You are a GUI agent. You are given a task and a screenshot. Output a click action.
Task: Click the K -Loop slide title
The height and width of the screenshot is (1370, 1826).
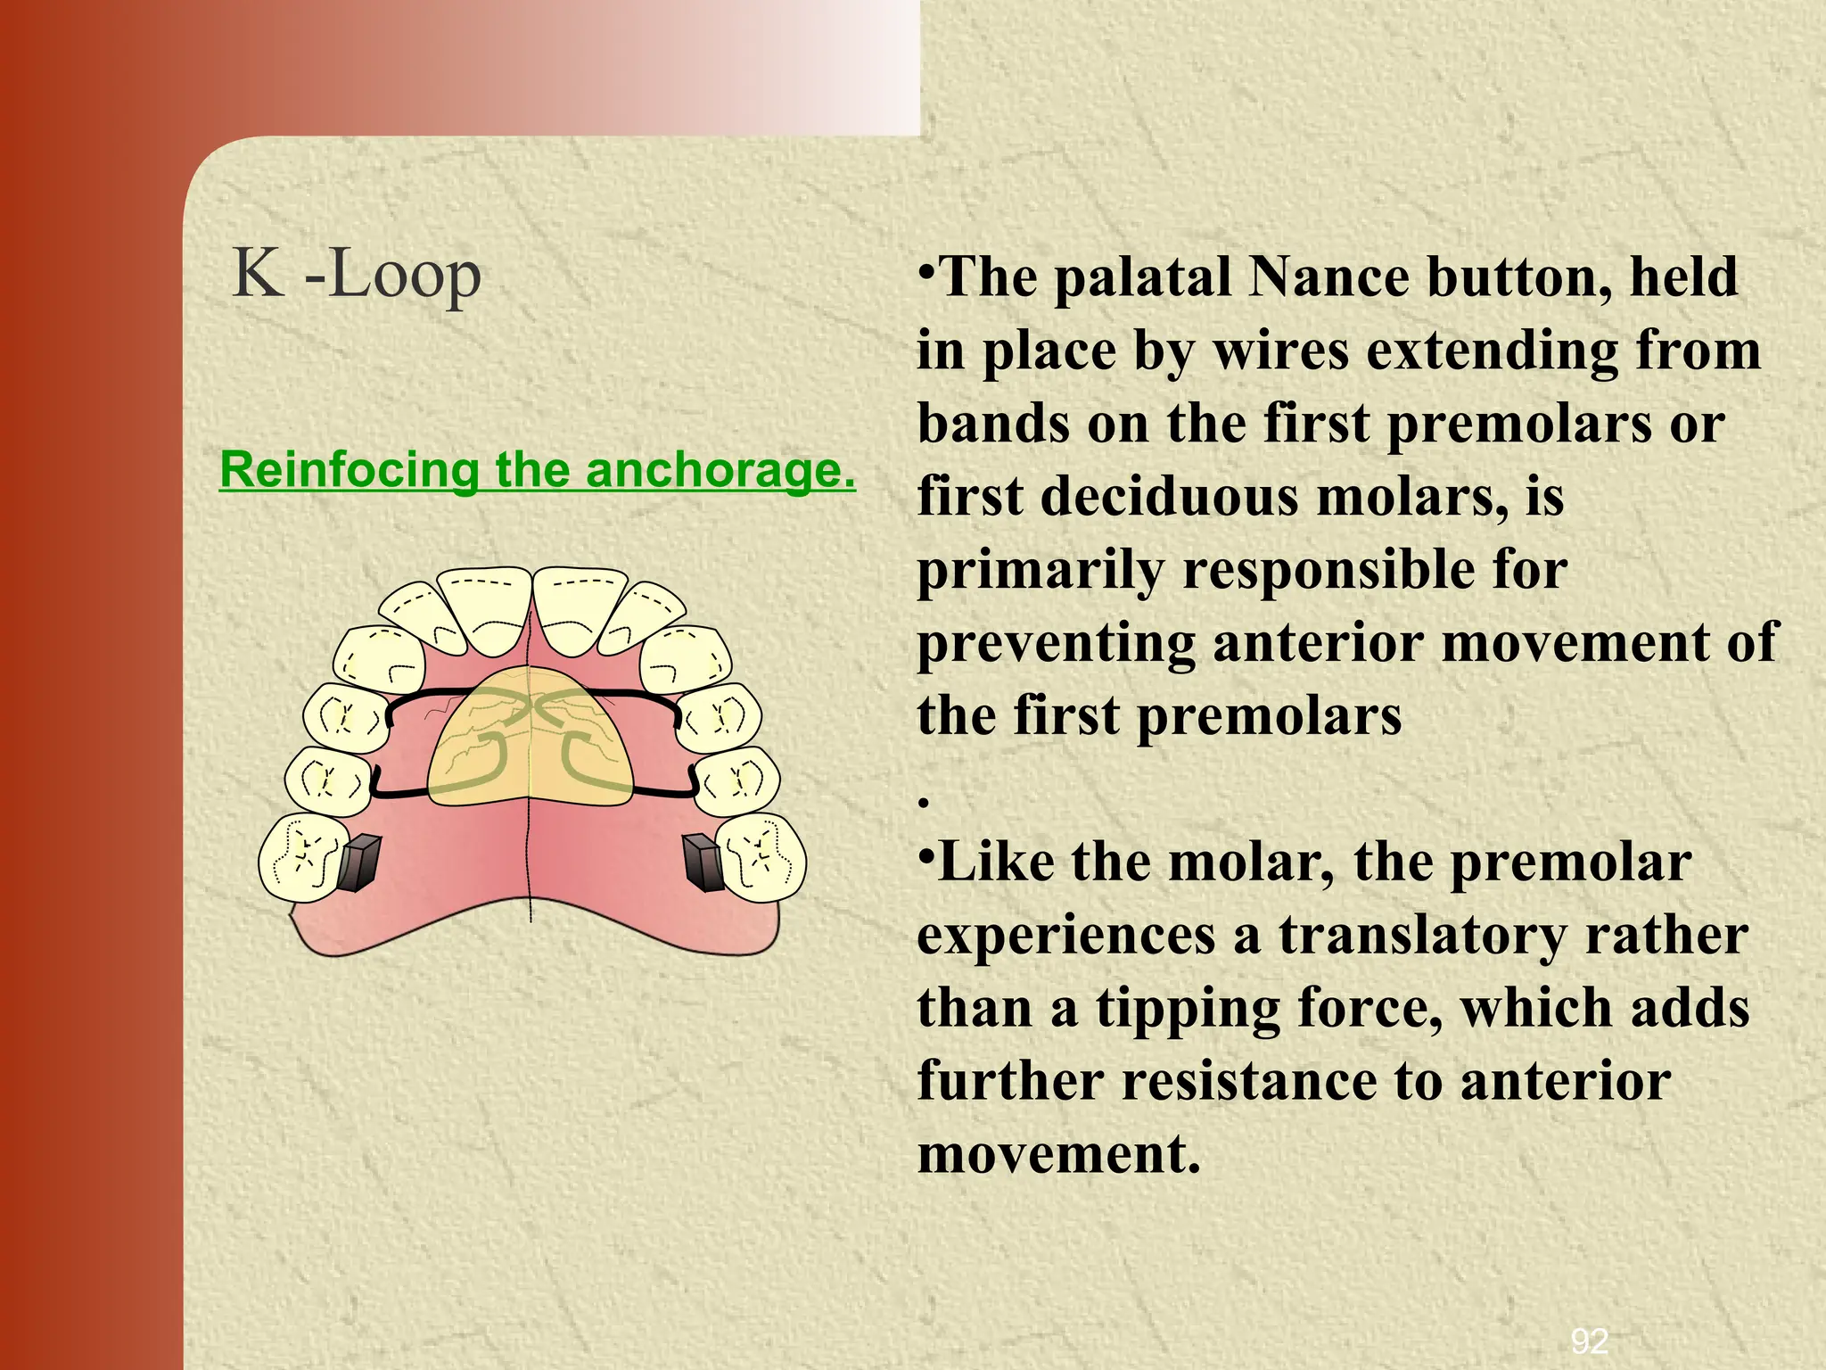click(x=357, y=275)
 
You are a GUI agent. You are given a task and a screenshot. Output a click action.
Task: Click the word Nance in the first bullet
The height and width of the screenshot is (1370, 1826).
click(x=1329, y=277)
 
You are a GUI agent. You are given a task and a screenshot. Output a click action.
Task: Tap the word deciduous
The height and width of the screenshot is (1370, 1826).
click(x=1169, y=496)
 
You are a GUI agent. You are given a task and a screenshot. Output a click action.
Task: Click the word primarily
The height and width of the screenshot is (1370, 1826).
click(x=1040, y=571)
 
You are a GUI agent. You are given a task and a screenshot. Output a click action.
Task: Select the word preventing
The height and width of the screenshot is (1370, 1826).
click(x=1056, y=644)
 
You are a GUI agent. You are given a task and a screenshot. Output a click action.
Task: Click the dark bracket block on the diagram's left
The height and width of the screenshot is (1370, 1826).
click(x=358, y=862)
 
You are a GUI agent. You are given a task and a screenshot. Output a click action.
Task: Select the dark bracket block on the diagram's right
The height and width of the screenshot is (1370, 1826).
click(x=703, y=862)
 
